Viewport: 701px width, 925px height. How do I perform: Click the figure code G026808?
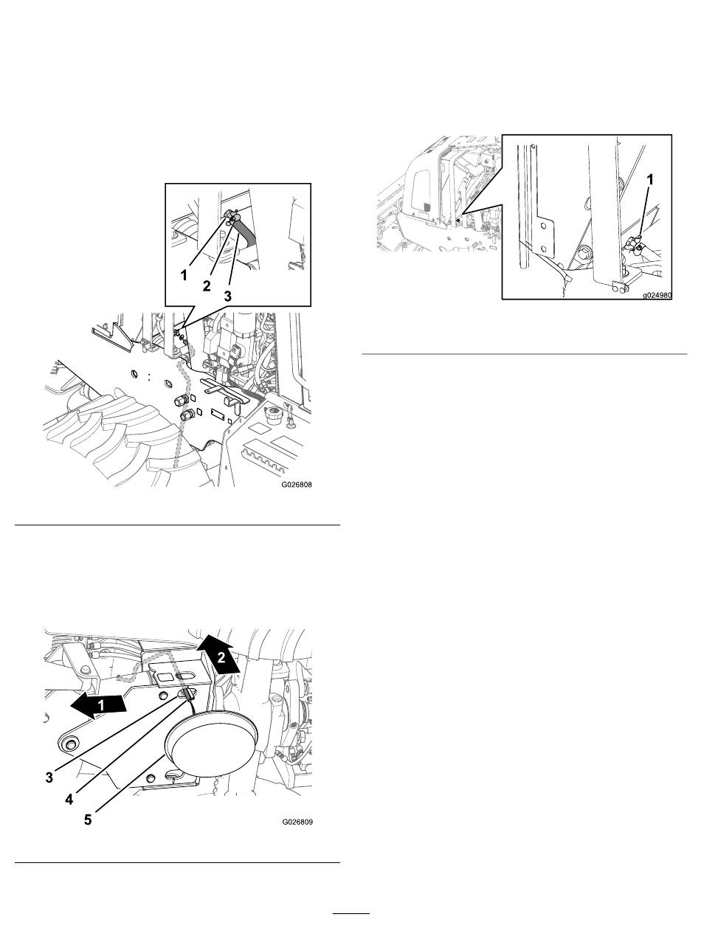pos(297,485)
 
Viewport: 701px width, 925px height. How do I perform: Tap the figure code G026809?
pos(297,822)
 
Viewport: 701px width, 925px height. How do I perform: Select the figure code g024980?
pos(657,295)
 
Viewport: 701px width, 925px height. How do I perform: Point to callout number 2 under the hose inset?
pos(207,286)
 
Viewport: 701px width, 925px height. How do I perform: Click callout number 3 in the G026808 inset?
pos(227,297)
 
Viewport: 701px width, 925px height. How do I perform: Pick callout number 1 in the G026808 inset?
pos(184,276)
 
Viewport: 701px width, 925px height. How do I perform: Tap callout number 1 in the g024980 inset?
pos(650,180)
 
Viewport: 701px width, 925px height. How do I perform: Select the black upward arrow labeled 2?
pos(218,652)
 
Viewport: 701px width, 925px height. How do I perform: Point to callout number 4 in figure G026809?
pos(69,799)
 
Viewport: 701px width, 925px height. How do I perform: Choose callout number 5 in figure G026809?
pos(88,820)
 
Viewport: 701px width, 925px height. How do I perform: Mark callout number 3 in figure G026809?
pos(49,777)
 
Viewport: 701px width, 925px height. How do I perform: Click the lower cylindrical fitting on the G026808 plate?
pos(186,416)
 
